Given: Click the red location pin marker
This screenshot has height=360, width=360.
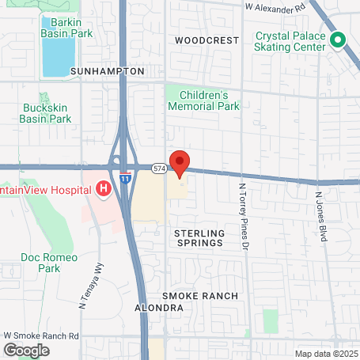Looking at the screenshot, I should tap(180, 163).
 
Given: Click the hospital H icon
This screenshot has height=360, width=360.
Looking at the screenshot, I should tap(102, 189).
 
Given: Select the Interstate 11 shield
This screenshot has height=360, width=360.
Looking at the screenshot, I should tap(125, 179).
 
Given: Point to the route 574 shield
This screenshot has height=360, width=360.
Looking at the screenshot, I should tap(160, 168).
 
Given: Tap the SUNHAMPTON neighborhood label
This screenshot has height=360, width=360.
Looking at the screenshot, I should tap(108, 71).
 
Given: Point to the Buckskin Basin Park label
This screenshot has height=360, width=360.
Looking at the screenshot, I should tap(47, 113).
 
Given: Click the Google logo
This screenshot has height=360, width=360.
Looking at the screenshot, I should tap(26, 350).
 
